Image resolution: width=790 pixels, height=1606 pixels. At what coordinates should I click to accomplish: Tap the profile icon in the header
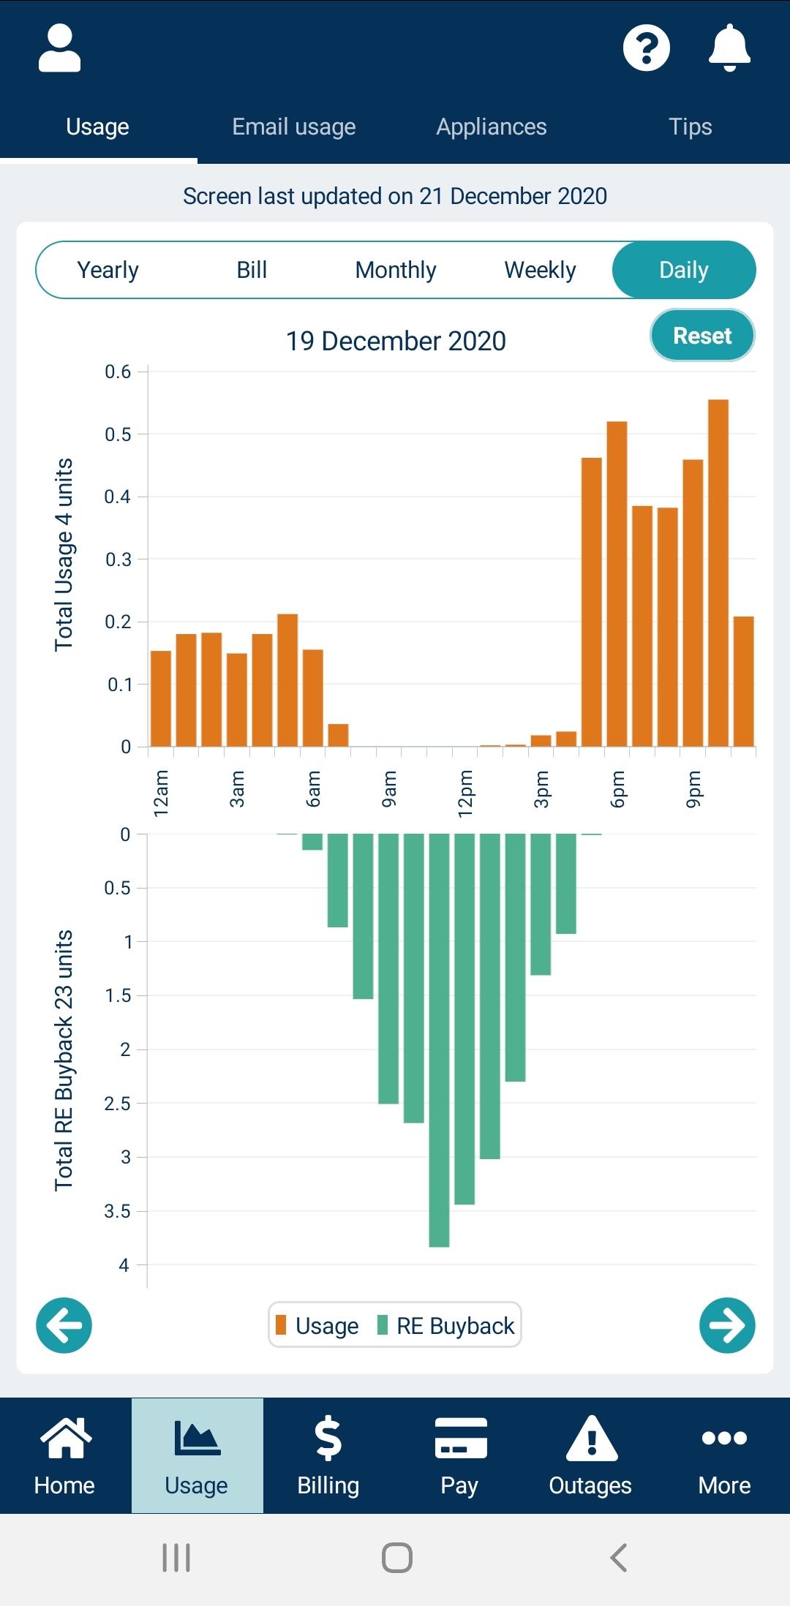[x=59, y=48]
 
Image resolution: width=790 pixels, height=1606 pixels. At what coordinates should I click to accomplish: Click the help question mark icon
[x=646, y=48]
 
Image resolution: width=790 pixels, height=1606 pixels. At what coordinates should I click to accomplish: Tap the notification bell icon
[x=729, y=48]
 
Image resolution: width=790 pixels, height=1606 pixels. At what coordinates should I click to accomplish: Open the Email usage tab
[x=294, y=127]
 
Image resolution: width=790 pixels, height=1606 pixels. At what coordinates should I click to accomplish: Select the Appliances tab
[x=492, y=127]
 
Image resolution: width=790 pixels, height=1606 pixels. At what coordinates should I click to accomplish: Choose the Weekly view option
[x=540, y=270]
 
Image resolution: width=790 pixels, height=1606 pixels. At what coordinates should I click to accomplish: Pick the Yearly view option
[x=108, y=270]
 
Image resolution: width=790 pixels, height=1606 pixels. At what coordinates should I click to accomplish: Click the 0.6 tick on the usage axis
[x=118, y=372]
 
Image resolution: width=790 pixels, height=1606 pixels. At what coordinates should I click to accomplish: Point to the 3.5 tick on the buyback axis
[x=117, y=1211]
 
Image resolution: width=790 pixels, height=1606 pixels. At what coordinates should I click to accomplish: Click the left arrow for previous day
[x=64, y=1325]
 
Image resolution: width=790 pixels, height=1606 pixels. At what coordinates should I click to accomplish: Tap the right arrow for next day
[x=727, y=1325]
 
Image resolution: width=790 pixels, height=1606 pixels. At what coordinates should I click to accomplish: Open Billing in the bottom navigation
[x=328, y=1455]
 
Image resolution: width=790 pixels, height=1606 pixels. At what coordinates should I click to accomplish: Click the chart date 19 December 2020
[x=396, y=341]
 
